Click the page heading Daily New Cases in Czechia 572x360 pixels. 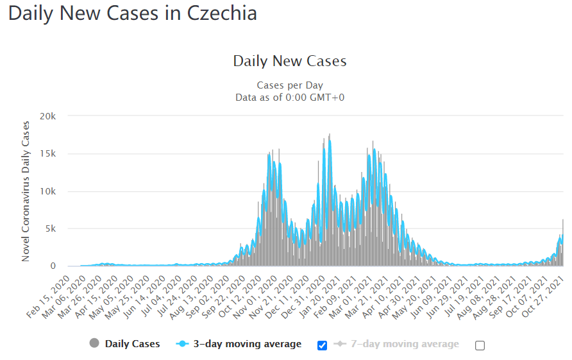(x=133, y=14)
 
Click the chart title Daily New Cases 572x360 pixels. (x=289, y=62)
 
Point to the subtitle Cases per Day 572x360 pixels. (x=290, y=85)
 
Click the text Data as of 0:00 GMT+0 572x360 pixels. (x=290, y=98)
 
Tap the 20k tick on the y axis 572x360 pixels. (x=48, y=117)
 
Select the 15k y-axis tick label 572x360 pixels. (x=48, y=154)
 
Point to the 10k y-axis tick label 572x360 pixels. (x=48, y=192)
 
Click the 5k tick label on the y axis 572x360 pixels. (x=51, y=229)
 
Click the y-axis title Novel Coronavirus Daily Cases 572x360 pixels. (x=26, y=191)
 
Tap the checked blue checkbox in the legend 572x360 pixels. (x=323, y=345)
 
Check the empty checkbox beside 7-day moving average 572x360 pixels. (x=480, y=345)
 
